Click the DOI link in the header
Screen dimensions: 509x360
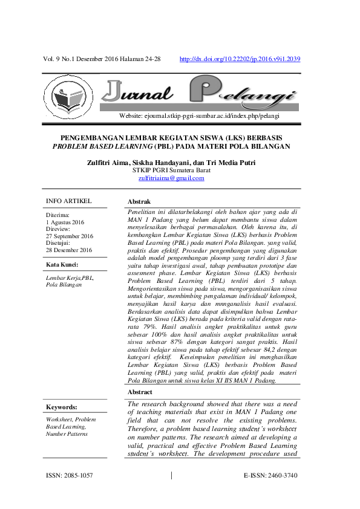click(241, 59)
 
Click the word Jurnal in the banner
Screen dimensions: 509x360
click(137, 92)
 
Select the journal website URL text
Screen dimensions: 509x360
click(200, 115)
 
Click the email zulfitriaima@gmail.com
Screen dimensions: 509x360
click(171, 178)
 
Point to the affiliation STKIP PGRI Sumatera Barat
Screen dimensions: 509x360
click(171, 170)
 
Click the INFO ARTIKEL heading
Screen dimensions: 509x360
click(69, 201)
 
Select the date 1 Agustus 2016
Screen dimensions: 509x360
click(65, 222)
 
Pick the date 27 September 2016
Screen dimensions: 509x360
click(70, 236)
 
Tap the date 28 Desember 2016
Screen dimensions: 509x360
click(69, 250)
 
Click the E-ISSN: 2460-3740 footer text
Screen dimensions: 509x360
click(270, 476)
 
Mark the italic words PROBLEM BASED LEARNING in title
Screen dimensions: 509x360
click(102, 147)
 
